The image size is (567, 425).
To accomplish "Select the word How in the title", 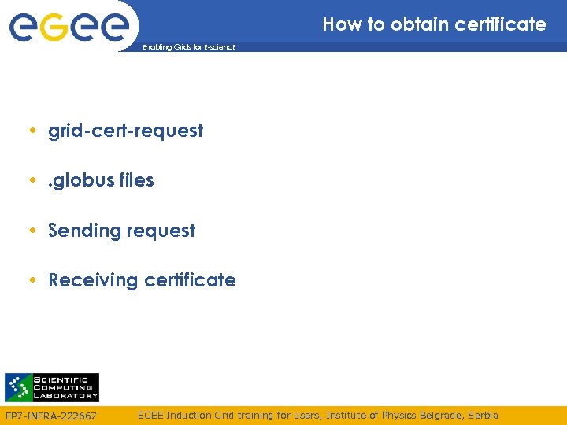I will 341,24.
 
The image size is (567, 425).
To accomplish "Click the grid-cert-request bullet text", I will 125,131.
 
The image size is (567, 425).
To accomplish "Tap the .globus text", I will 78,180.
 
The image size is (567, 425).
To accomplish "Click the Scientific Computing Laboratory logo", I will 52,387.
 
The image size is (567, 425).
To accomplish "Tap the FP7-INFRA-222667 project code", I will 51,416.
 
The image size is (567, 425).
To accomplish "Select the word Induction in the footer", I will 188,415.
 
